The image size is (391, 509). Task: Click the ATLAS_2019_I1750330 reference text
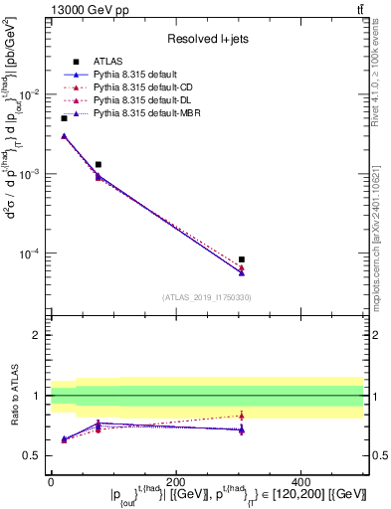point(206,297)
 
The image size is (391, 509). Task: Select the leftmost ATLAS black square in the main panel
point(65,118)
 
